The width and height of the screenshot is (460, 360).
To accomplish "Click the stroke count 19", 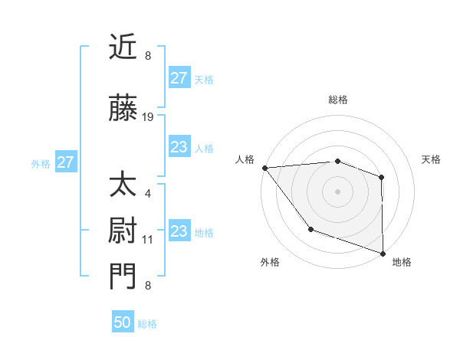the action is (148, 117).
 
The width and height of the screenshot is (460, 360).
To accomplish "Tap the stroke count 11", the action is (148, 239).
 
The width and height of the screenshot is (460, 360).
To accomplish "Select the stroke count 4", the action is (148, 193).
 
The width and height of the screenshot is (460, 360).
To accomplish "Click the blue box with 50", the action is (123, 322).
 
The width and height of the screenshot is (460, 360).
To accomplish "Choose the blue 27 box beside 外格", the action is (65, 162).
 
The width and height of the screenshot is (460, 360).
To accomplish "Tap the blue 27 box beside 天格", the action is (179, 78).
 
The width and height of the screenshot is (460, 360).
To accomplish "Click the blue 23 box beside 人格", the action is (179, 147).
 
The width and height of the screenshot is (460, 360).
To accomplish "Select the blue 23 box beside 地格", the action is (179, 231).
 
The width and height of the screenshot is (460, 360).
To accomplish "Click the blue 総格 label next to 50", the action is (147, 324).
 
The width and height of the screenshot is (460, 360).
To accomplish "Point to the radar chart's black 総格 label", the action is (337, 100).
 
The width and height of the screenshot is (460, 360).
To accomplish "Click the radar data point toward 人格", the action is (264, 168).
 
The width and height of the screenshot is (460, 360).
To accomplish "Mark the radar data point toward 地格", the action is (383, 252).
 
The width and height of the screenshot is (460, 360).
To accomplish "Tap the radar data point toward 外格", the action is (310, 228).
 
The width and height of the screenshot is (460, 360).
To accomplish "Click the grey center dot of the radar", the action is (337, 191).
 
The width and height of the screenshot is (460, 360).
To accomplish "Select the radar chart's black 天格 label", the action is (431, 159).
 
